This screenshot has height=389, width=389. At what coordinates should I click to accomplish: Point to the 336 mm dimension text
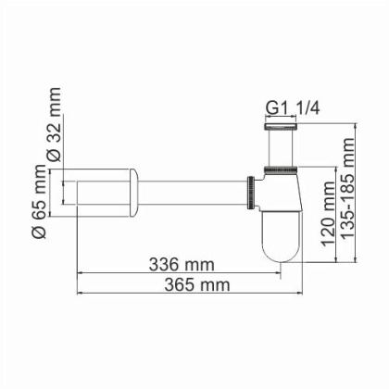[x=181, y=264]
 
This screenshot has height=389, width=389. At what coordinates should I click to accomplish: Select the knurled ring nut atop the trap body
[x=280, y=169]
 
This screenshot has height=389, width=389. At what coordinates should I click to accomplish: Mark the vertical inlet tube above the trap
[x=280, y=146]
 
